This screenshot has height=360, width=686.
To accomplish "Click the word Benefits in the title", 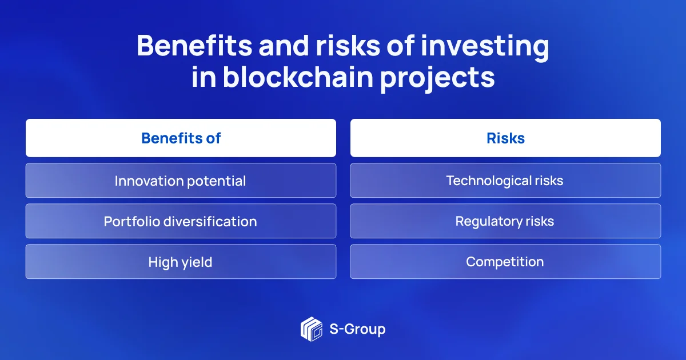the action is click(x=194, y=46).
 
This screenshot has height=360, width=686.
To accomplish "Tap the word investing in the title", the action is click(x=485, y=47).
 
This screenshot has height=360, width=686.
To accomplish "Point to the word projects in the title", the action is click(x=438, y=79).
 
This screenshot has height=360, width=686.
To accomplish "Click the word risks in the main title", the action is click(x=348, y=46).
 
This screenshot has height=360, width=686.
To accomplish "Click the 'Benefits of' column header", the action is click(x=181, y=138).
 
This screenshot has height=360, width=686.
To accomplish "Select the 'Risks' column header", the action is click(x=505, y=138).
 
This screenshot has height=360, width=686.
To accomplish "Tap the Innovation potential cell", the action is click(x=181, y=181).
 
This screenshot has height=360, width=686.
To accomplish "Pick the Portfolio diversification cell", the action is click(x=181, y=221).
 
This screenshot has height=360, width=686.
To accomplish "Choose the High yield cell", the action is click(x=181, y=262).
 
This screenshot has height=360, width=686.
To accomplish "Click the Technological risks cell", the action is click(x=505, y=181).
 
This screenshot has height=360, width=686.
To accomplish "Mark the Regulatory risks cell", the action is click(x=505, y=221).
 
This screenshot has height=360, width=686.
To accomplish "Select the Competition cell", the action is click(x=505, y=262).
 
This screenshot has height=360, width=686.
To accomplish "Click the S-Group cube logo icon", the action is click(x=312, y=329).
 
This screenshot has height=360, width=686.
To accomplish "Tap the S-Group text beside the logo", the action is click(x=357, y=330).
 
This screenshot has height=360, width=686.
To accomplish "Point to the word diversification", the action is click(x=210, y=221).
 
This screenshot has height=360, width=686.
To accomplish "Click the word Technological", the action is click(x=488, y=181).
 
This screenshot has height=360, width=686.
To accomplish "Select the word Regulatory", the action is click(x=489, y=222).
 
